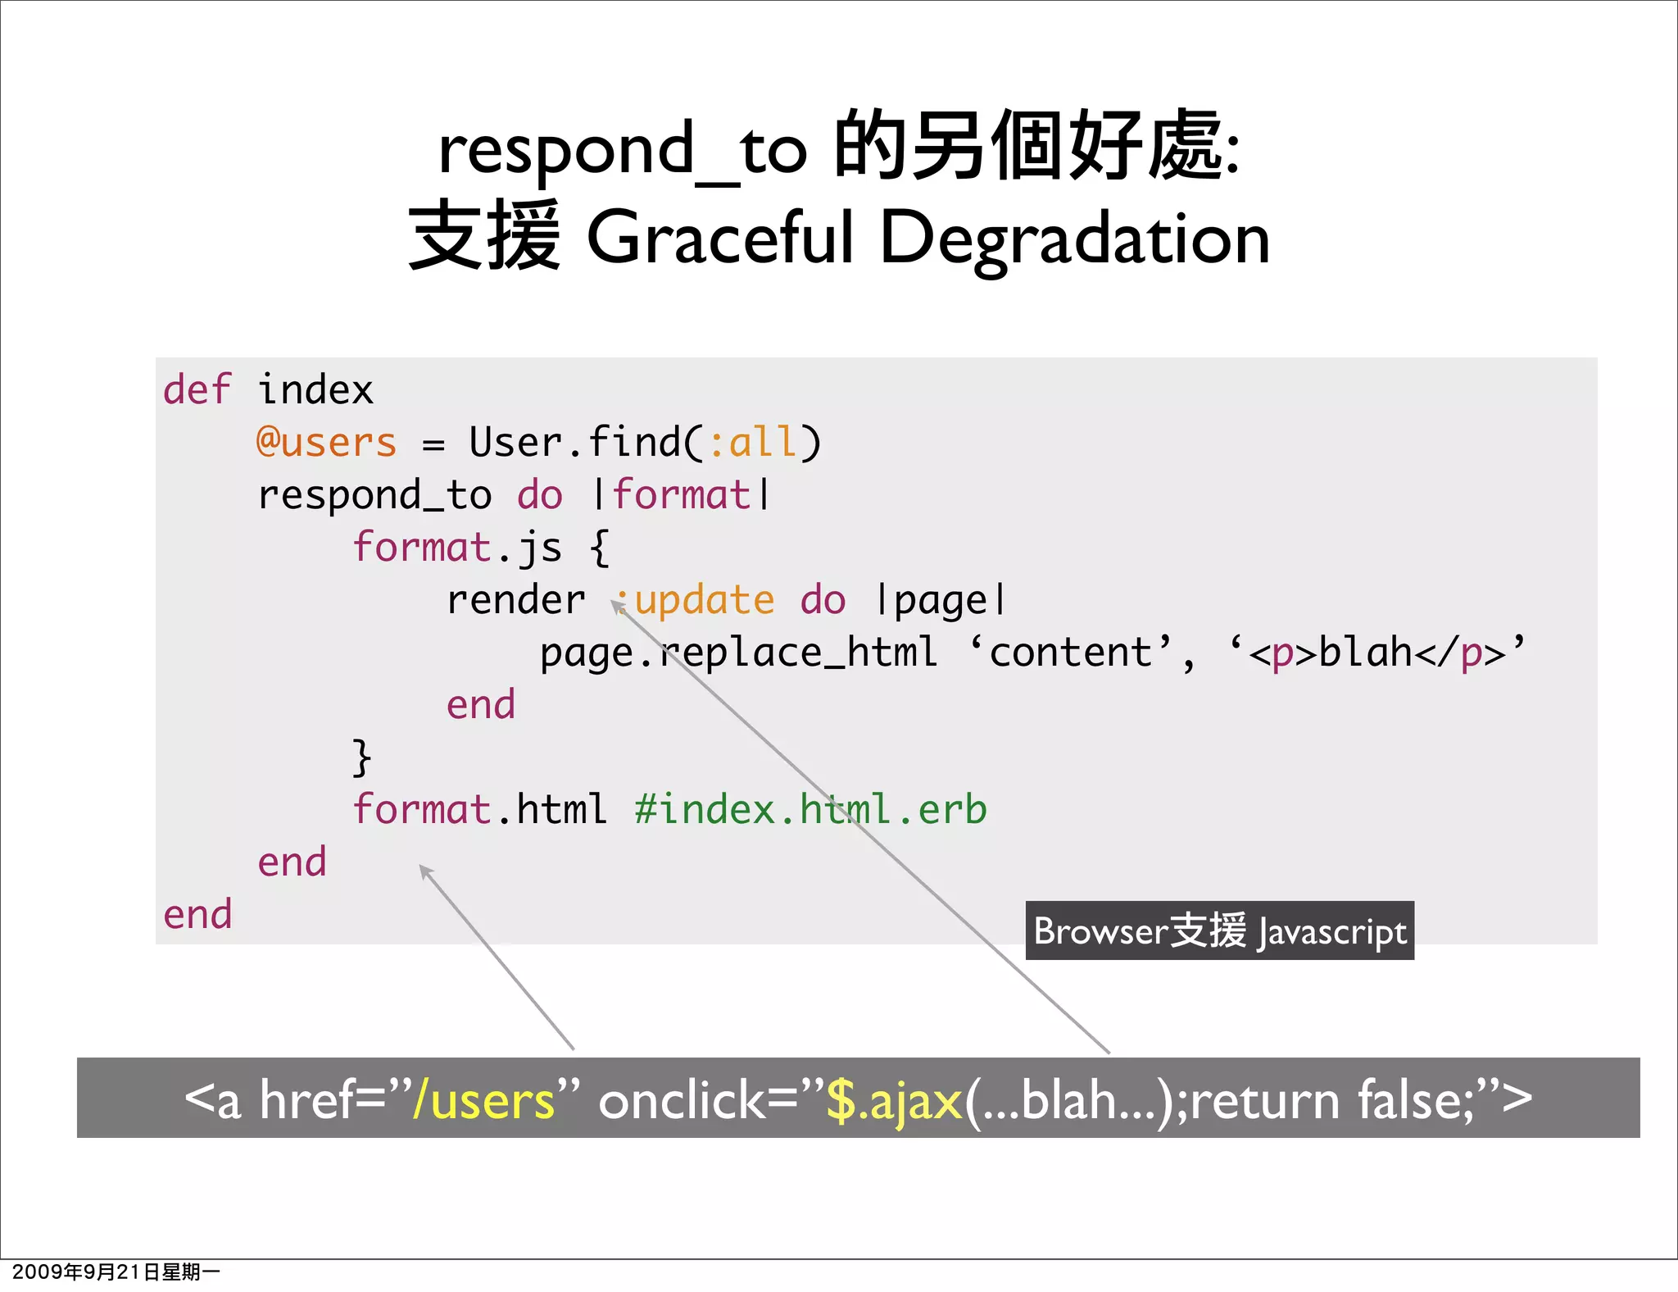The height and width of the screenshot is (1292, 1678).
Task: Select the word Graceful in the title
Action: point(721,239)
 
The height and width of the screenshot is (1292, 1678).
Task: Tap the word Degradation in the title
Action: point(1074,239)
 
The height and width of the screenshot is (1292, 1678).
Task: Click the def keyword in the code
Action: point(197,389)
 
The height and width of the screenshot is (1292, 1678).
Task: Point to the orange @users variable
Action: point(326,443)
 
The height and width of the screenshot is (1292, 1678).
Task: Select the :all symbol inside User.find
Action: point(752,443)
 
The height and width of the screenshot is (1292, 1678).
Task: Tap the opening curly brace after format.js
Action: point(599,548)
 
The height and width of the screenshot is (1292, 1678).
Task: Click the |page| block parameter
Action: point(941,600)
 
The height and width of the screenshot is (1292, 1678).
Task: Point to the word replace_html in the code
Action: point(799,653)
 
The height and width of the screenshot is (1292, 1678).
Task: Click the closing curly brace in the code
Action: point(361,757)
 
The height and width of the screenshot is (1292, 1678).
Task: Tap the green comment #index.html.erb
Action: point(811,810)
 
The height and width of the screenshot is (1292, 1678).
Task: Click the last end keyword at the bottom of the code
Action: point(197,915)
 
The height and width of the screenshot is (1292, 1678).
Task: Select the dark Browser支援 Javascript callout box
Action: point(1219,931)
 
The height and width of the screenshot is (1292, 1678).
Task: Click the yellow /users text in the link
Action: point(483,1100)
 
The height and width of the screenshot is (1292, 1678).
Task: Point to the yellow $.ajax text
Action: point(894,1100)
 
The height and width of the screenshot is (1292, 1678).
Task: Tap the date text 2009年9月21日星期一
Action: point(116,1272)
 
